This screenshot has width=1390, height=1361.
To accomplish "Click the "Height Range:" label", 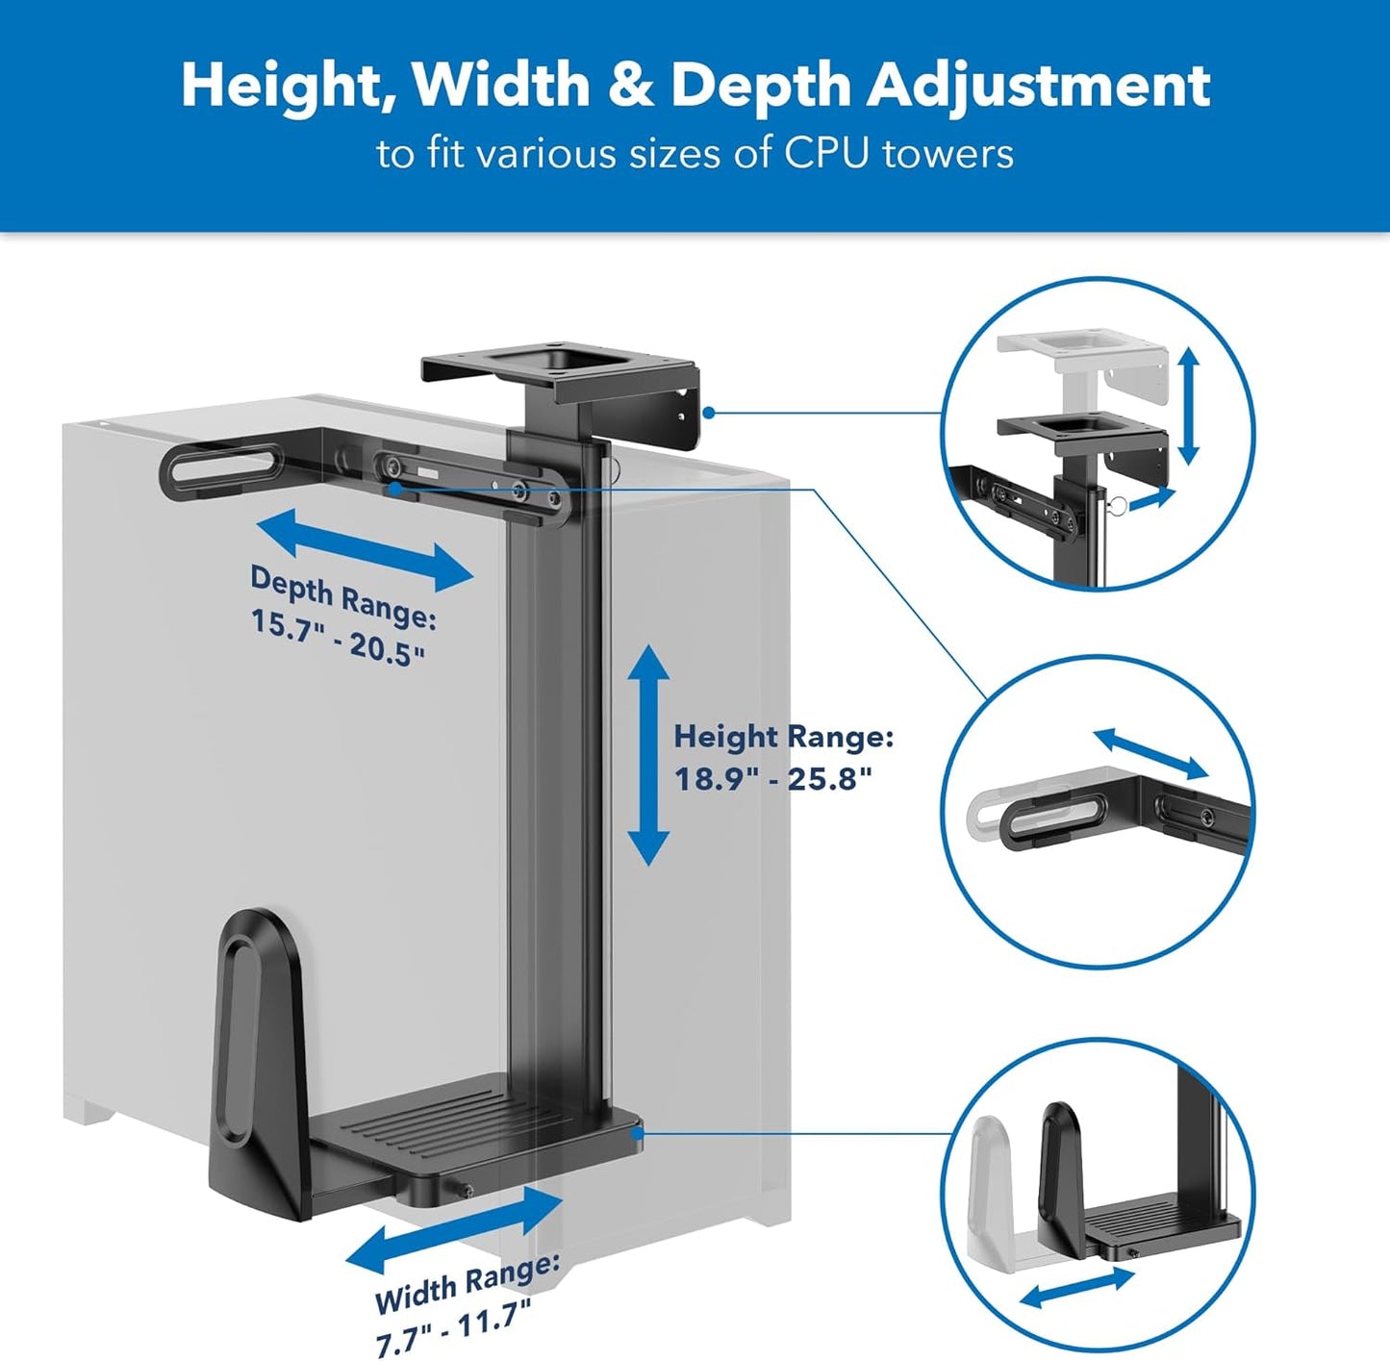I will (x=783, y=738).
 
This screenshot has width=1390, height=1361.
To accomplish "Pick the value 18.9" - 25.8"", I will (x=772, y=778).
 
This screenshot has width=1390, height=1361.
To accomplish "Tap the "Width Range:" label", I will (x=467, y=1283).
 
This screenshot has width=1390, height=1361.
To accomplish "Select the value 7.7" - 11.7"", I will (x=453, y=1326).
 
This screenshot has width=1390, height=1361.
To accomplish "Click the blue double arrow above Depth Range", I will (x=365, y=551).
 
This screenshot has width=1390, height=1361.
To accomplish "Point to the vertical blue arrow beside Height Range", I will (x=648, y=755).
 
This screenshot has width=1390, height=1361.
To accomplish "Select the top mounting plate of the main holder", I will (x=558, y=370).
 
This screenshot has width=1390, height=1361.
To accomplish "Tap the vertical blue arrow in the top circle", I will (x=1189, y=406).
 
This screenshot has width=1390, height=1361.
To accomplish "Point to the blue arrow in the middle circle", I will (x=1150, y=753).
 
